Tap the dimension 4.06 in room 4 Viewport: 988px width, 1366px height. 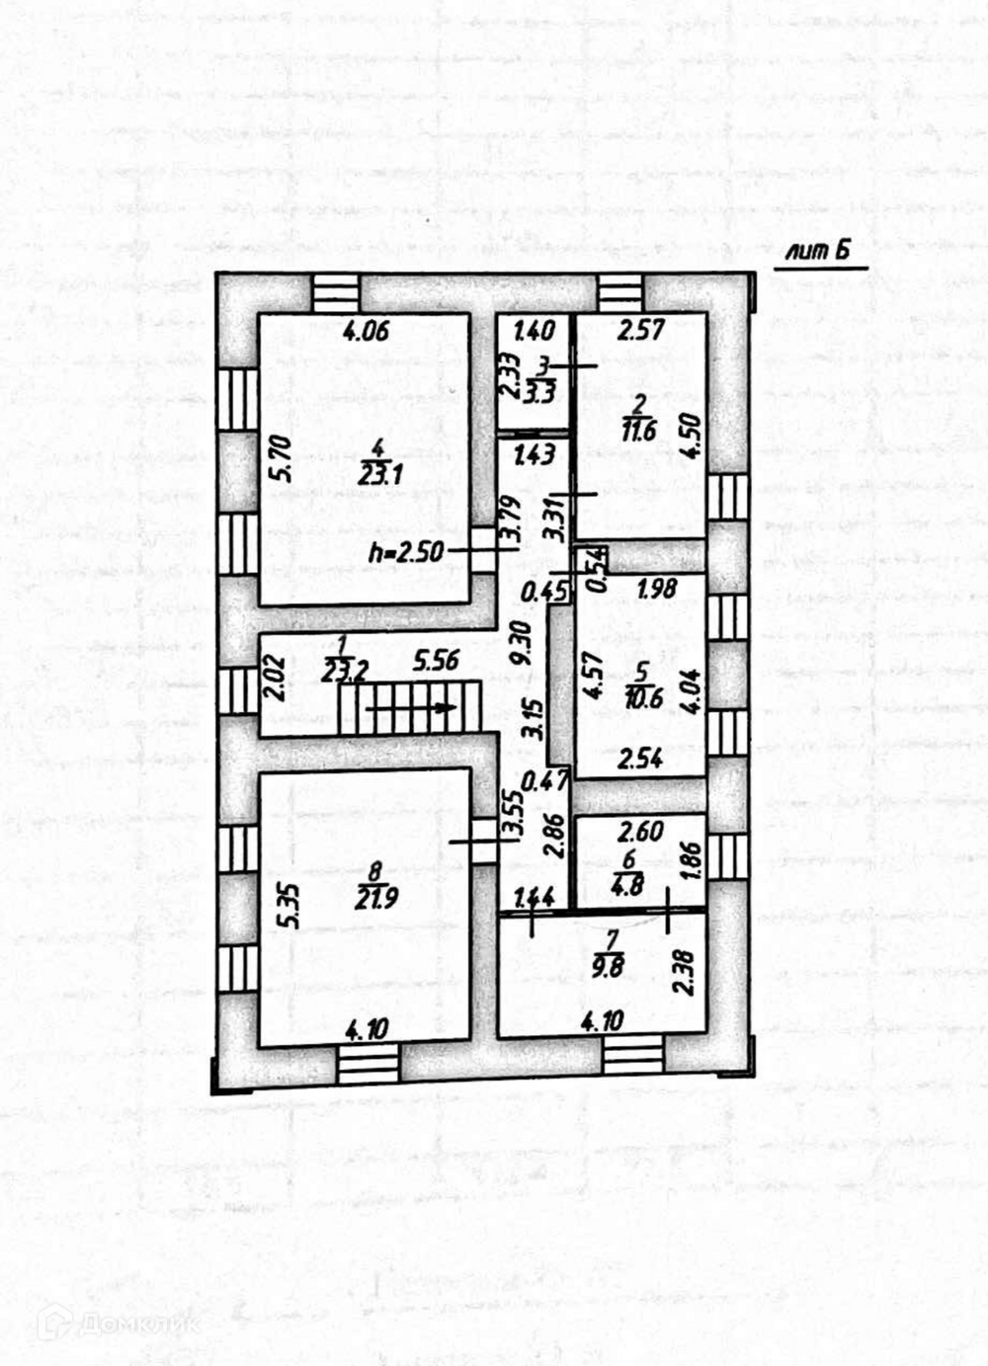365,331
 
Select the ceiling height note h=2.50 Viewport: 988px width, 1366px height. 406,552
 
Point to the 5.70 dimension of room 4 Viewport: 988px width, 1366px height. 285,458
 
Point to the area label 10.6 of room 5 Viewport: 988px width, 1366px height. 641,698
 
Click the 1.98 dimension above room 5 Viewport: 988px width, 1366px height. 656,590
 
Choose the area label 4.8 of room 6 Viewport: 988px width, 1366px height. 628,886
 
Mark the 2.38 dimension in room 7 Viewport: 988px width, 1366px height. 682,972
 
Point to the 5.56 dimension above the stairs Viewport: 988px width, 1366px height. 436,659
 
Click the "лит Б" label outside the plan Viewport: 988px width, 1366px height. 817,252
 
